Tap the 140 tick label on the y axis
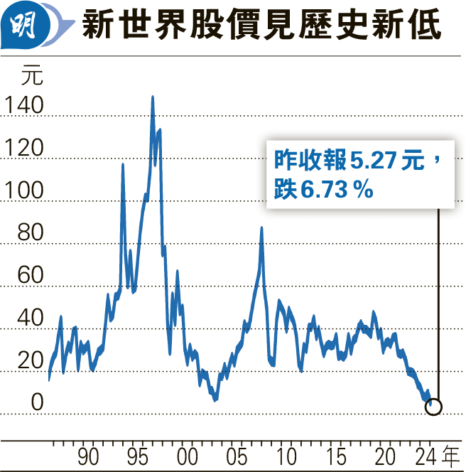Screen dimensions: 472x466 pyautogui.click(x=23, y=106)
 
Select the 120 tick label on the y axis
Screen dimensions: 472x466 pyautogui.click(x=23, y=149)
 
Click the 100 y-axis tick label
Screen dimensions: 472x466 pyautogui.click(x=23, y=191)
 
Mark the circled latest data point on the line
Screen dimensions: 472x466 pyautogui.click(x=433, y=407)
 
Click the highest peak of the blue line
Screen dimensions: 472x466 pyautogui.click(x=152, y=97)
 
